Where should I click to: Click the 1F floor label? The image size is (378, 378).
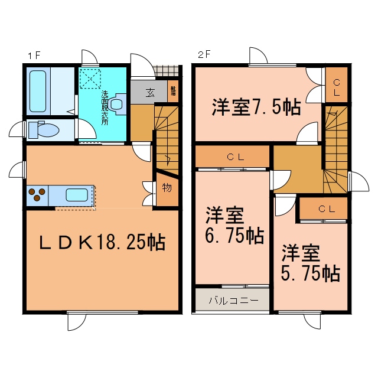(x=33, y=56)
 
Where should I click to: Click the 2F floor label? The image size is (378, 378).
(x=203, y=56)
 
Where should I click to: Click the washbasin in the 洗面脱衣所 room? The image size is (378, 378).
(x=118, y=105)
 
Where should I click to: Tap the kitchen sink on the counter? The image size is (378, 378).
(x=76, y=195)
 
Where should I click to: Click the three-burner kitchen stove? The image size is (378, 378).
(x=37, y=195)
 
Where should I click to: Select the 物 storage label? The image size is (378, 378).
(x=167, y=188)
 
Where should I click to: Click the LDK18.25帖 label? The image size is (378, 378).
(x=102, y=242)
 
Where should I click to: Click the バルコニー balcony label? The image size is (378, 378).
(x=233, y=300)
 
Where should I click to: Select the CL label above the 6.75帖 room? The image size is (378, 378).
(x=232, y=157)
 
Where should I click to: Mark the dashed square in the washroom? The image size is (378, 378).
(x=90, y=79)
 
